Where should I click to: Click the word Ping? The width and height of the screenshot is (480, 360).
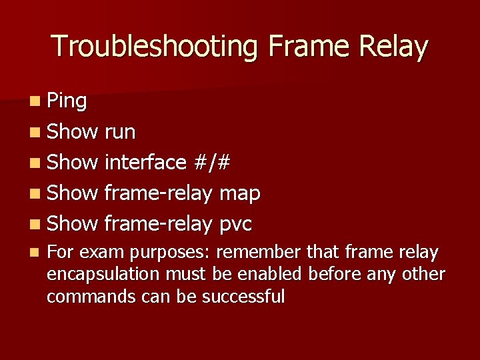(67, 101)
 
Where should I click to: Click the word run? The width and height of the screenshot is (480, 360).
(120, 133)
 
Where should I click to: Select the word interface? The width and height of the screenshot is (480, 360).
(145, 163)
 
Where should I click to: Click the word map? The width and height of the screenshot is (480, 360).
(239, 194)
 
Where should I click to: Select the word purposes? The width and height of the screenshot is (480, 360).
(170, 253)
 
